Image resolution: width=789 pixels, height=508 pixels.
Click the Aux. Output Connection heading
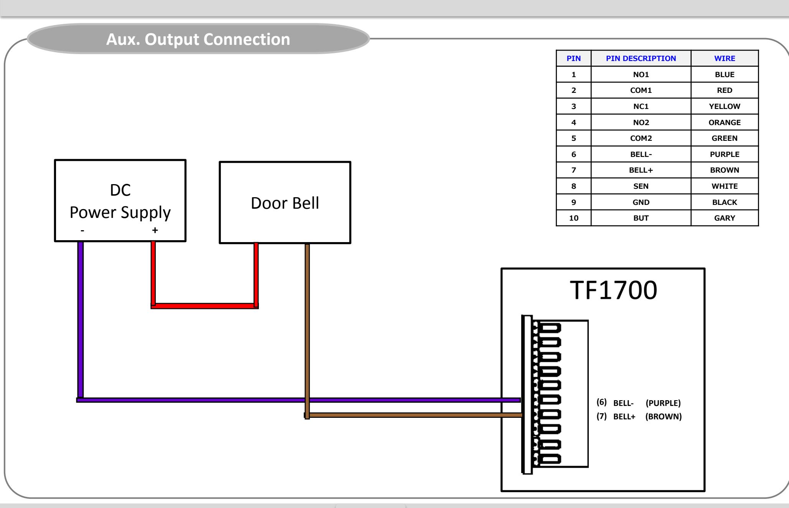pyautogui.click(x=198, y=39)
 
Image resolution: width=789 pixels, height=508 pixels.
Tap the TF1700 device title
pyautogui.click(x=613, y=290)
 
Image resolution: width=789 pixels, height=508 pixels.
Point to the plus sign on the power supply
pyautogui.click(x=155, y=230)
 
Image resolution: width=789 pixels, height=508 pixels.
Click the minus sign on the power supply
pyautogui.click(x=82, y=230)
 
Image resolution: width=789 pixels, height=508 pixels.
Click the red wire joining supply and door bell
pyautogui.click(x=204, y=306)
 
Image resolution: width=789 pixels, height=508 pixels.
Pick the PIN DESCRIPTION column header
pyautogui.click(x=641, y=58)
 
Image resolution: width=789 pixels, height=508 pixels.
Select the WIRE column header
pyautogui.click(x=725, y=58)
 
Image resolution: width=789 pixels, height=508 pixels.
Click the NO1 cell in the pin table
pyautogui.click(x=641, y=74)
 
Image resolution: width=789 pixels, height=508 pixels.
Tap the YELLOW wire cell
pyautogui.click(x=725, y=106)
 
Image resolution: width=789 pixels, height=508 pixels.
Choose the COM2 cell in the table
pyautogui.click(x=641, y=138)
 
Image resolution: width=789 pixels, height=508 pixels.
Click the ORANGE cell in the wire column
pyautogui.click(x=725, y=122)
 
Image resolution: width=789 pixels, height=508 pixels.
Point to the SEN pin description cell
pyautogui.click(x=641, y=186)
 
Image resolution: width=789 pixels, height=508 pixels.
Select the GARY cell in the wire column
pyautogui.click(x=725, y=218)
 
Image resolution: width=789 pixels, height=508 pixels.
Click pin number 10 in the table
pyautogui.click(x=574, y=218)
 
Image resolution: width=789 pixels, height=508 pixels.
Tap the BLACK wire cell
pyautogui.click(x=725, y=202)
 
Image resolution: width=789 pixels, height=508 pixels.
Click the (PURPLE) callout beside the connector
pyautogui.click(x=663, y=403)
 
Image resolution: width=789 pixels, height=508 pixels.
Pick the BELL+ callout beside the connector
pyautogui.click(x=624, y=417)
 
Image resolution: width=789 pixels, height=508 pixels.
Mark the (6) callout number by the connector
pyautogui.click(x=601, y=402)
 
